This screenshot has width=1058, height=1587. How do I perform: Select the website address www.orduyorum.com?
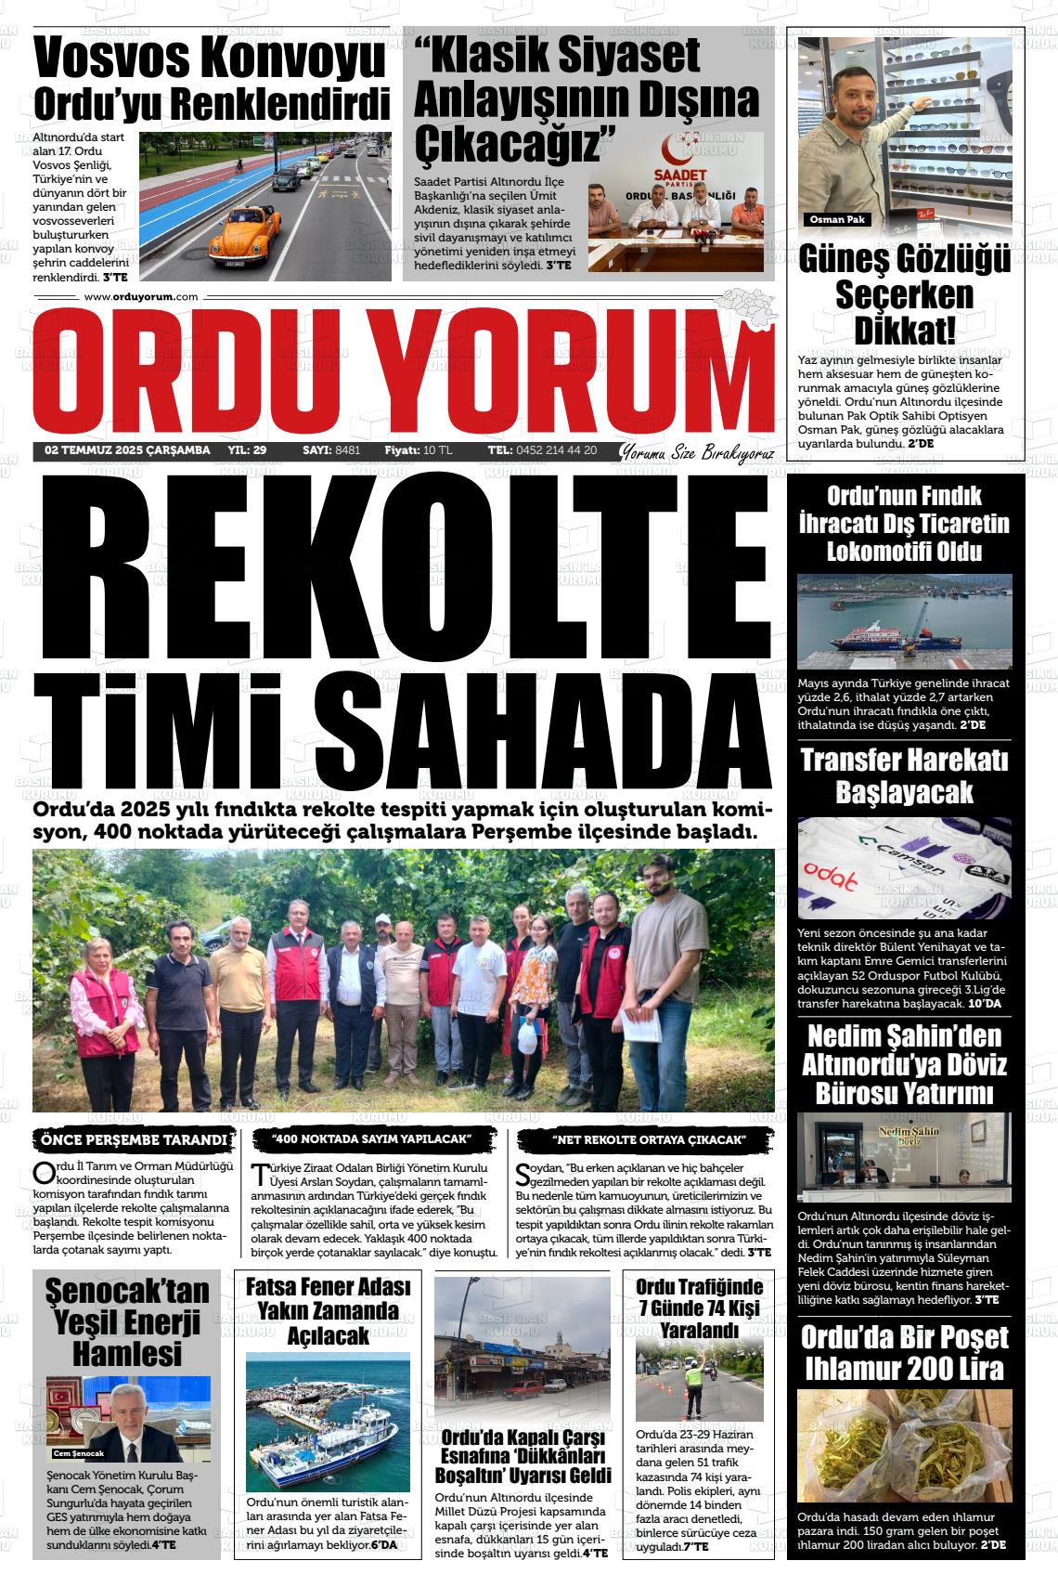141,297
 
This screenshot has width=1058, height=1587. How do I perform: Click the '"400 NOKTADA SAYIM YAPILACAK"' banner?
372,1139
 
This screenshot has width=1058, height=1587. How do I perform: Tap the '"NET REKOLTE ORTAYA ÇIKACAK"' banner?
649,1139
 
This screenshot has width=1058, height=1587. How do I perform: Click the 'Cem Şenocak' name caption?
80,1453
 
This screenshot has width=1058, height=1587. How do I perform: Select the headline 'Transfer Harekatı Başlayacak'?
904,775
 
